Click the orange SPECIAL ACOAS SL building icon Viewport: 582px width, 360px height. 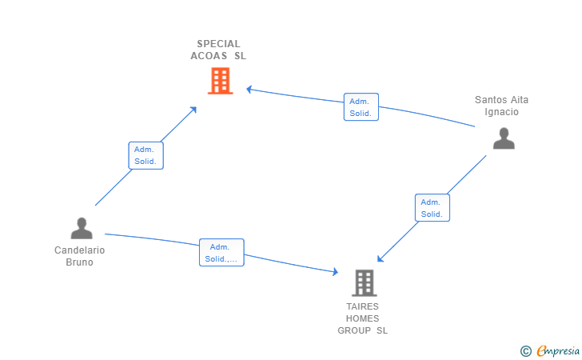[220, 81]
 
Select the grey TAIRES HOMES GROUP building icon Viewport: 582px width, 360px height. [364, 282]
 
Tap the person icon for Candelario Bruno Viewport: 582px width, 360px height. [82, 229]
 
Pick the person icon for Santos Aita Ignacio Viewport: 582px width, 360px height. [504, 138]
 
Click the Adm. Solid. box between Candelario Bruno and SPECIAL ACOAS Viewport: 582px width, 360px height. [145, 155]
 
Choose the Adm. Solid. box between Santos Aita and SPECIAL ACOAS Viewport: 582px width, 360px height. [361, 107]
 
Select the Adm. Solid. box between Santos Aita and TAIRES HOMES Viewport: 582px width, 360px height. [432, 208]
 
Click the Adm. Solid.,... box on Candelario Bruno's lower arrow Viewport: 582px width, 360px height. [221, 253]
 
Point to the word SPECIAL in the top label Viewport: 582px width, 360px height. [218, 44]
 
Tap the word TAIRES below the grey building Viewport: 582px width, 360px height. [363, 306]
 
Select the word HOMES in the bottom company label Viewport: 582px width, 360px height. [363, 318]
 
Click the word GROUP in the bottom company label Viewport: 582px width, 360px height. [354, 330]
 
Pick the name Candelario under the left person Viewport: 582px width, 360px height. [79, 250]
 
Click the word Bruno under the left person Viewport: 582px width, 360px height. [79, 262]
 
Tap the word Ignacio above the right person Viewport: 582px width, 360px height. [501, 112]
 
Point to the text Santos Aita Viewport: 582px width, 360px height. [501, 100]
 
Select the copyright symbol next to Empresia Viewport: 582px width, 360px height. [525, 350]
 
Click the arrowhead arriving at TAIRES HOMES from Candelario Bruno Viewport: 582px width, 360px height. [335, 273]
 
